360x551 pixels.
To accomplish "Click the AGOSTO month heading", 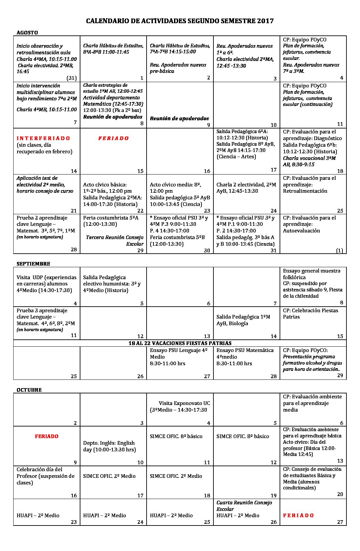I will pos(27,32).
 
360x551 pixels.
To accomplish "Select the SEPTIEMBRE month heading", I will pos(33,264).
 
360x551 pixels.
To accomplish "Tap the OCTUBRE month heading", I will pos(29,390).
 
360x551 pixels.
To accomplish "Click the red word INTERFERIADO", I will pos(43,138).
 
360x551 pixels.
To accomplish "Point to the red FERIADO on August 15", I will pos(113,138).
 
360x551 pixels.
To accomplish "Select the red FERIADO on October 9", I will pos(47,436).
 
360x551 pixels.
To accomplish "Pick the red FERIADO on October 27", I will pos(298,515).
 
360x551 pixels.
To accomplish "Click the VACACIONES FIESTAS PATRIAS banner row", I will pos(180,343).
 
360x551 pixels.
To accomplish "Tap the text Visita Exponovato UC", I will pos(184,403).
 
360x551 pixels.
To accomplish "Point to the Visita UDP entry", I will pos(47,283).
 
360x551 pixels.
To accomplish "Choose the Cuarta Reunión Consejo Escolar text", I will pos(244,505).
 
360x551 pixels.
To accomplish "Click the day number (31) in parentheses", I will pos(71,78).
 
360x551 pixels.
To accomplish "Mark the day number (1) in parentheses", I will pos(339,250).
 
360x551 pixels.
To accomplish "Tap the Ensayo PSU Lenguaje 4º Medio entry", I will pos(179,353).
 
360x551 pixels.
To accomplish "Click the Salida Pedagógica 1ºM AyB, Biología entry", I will pos(243,320).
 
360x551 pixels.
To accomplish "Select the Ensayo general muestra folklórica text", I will pos(311,274).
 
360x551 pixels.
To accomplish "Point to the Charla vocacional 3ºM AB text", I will pos(309,161).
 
